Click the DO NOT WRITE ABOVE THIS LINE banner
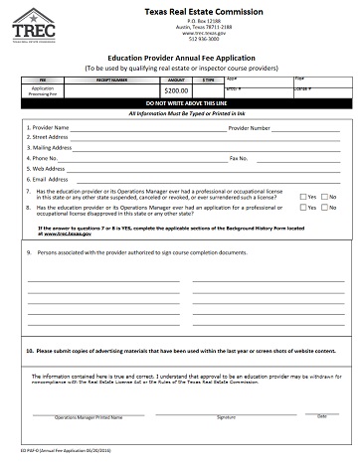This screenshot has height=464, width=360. pos(179,103)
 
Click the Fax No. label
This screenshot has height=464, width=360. pos(238,158)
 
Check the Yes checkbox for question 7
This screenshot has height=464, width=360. pos(302,196)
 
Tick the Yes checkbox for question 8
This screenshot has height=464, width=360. pos(302,211)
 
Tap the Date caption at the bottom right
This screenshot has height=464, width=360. pos(321,416)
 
